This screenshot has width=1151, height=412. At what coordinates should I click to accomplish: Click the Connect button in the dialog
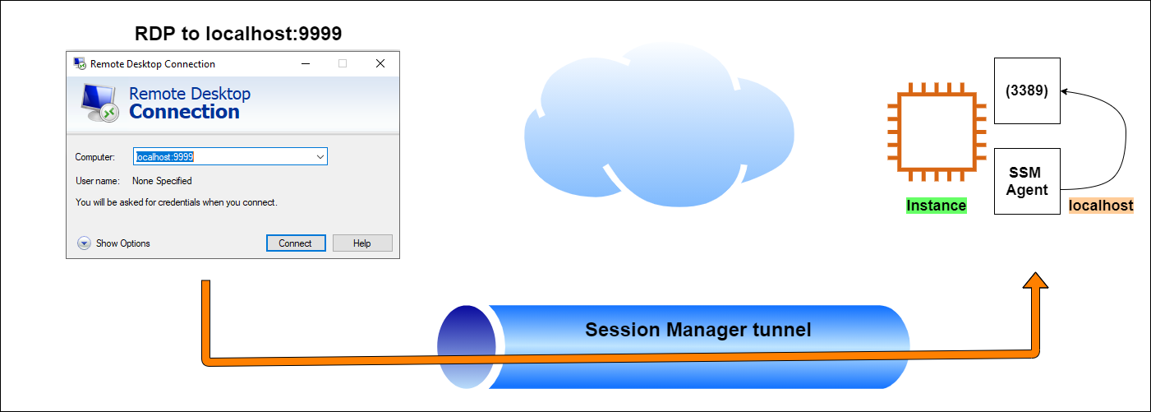point(296,243)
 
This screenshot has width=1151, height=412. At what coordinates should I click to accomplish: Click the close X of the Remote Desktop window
point(380,63)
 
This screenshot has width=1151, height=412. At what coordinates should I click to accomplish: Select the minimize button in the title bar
point(306,63)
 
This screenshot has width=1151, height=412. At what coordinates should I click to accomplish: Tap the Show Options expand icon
point(84,243)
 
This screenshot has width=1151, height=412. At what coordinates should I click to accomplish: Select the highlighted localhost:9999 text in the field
point(164,156)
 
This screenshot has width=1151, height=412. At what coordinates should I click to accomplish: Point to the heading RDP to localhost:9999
point(238,35)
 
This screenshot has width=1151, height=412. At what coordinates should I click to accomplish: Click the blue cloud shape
point(657,132)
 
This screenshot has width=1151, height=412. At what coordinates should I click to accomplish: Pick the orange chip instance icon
point(934,132)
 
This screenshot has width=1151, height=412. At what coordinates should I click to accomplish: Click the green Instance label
point(936,206)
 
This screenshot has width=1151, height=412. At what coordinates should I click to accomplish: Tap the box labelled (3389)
point(1027,91)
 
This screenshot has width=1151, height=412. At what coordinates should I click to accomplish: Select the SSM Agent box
point(1027,182)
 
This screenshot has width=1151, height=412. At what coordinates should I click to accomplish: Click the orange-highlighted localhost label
point(1101,206)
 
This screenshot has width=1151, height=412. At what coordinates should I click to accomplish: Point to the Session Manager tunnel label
point(698,331)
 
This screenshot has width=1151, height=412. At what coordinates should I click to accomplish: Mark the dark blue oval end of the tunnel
point(466,346)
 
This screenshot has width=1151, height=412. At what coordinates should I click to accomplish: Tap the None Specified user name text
point(162,181)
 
